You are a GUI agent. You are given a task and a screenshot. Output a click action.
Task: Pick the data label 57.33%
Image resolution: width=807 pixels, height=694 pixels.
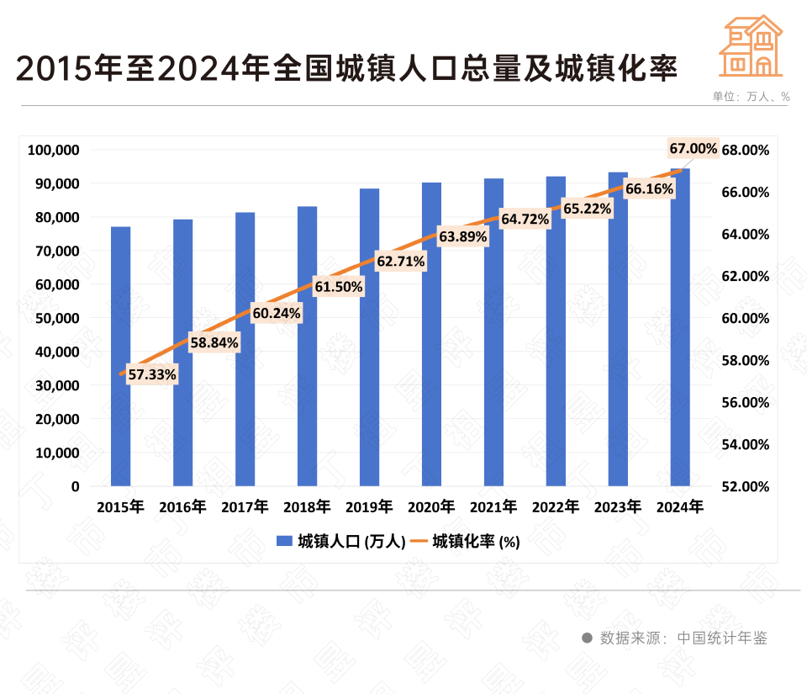pyautogui.click(x=152, y=375)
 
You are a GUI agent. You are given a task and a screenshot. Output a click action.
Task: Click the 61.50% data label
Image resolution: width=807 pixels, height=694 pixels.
pyautogui.click(x=339, y=287)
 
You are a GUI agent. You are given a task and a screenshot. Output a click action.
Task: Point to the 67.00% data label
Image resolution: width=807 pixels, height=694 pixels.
pyautogui.click(x=694, y=149)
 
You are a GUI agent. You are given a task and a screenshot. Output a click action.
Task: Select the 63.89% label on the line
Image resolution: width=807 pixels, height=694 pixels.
pyautogui.click(x=463, y=237)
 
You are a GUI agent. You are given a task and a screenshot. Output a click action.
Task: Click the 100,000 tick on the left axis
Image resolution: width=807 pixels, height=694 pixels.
pyautogui.click(x=53, y=151)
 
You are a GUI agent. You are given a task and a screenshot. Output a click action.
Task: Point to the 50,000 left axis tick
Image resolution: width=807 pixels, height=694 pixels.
pyautogui.click(x=56, y=318)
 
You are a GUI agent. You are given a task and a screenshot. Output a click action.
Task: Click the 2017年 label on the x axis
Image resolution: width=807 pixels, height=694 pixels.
pyautogui.click(x=245, y=507)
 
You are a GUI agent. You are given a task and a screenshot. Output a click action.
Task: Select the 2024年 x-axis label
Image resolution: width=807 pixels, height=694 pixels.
pyautogui.click(x=680, y=507)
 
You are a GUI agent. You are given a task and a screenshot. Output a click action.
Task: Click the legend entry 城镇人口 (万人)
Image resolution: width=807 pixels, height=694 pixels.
pyautogui.click(x=341, y=542)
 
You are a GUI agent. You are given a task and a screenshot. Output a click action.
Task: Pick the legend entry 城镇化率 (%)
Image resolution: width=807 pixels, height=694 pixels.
pyautogui.click(x=466, y=542)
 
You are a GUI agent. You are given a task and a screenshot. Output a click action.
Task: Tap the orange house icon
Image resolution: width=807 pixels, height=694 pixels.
pyautogui.click(x=751, y=47)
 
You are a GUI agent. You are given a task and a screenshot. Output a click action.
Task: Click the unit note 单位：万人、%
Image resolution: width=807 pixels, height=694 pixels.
pyautogui.click(x=751, y=97)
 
